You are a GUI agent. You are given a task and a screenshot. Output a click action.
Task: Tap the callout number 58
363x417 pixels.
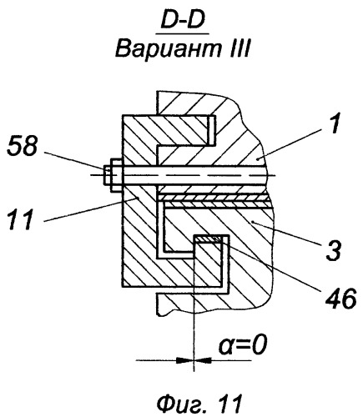pyautogui.click(x=22, y=146)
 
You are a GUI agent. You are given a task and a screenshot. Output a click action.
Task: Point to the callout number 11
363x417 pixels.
pyautogui.click(x=21, y=220)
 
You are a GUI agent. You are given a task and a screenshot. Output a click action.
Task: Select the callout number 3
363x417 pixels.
pyautogui.click(x=333, y=250)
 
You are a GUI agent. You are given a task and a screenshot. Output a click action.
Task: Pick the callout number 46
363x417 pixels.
pyautogui.click(x=341, y=299)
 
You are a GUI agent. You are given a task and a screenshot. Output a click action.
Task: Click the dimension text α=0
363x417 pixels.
pyautogui.click(x=243, y=346)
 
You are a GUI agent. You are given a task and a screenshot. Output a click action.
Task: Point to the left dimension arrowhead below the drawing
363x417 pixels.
pyautogui.click(x=184, y=360)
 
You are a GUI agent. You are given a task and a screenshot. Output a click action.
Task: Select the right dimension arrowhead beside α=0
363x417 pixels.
pyautogui.click(x=203, y=360)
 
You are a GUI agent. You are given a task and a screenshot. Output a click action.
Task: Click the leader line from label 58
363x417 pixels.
pyautogui.click(x=74, y=160)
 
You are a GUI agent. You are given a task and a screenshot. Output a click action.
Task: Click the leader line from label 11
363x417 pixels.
pyautogui.click(x=91, y=209)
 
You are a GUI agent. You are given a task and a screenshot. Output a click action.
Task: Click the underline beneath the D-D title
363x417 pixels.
pyautogui.click(x=183, y=34)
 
